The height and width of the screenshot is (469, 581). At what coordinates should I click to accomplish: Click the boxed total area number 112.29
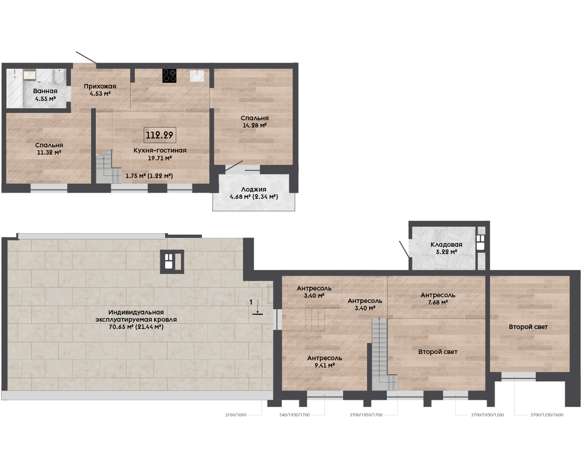click(x=159, y=135)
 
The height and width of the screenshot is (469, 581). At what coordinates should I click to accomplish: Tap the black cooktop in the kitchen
click(x=169, y=76)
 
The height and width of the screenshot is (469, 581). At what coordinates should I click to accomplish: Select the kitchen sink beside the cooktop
click(x=197, y=75)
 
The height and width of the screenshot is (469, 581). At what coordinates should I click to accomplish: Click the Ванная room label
click(x=45, y=91)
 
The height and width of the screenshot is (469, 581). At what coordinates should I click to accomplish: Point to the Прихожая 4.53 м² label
click(x=100, y=90)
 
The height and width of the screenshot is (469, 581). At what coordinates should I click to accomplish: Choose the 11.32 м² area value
click(x=49, y=153)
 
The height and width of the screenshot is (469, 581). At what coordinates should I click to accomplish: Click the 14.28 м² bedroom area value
click(x=255, y=125)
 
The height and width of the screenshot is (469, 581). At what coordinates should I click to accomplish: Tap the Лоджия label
click(x=254, y=189)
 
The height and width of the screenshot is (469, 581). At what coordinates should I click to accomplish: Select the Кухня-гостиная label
click(x=160, y=150)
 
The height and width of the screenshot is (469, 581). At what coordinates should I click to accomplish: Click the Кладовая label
click(x=447, y=245)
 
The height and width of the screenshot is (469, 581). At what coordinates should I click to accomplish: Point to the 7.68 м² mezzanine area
click(x=438, y=302)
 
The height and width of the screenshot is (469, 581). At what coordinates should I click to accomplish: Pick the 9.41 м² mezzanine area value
click(x=324, y=365)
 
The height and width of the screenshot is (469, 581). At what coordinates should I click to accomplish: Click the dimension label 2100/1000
click(x=236, y=415)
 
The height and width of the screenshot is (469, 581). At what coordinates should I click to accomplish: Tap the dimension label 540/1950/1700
click(x=295, y=415)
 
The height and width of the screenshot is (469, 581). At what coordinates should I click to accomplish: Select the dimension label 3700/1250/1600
click(x=547, y=415)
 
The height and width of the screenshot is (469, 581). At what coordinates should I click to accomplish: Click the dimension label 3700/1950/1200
click(x=488, y=415)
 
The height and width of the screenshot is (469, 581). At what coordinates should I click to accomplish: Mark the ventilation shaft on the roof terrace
click(x=172, y=262)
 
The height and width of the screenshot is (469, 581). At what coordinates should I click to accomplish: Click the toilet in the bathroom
click(x=58, y=77)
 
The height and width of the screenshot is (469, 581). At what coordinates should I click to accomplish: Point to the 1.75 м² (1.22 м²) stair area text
click(x=149, y=176)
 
